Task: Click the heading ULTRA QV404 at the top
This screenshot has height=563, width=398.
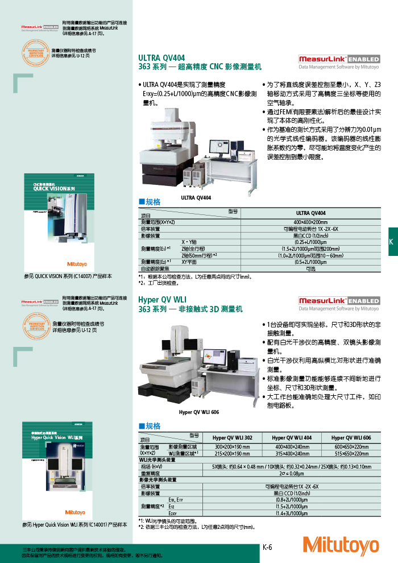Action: tap(161, 58)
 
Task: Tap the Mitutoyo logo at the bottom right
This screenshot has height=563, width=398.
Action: tap(341, 545)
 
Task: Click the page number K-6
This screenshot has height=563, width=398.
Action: tap(267, 547)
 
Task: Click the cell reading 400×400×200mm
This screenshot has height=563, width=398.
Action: tap(310, 222)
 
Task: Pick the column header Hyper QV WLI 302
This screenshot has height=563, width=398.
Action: tap(232, 437)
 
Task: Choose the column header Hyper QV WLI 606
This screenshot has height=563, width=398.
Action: tap(351, 437)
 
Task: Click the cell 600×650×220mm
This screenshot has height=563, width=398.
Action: tap(351, 447)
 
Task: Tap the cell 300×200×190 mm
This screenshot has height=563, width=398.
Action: tap(232, 447)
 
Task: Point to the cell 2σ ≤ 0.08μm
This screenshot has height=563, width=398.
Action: tap(292, 473)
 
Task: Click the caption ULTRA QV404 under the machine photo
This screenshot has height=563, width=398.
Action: tap(196, 197)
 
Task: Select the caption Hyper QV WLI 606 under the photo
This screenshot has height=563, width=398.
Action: tap(199, 412)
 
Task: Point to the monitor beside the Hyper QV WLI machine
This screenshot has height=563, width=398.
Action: tap(214, 360)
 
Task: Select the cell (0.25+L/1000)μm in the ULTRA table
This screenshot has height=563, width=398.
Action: tap(310, 242)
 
